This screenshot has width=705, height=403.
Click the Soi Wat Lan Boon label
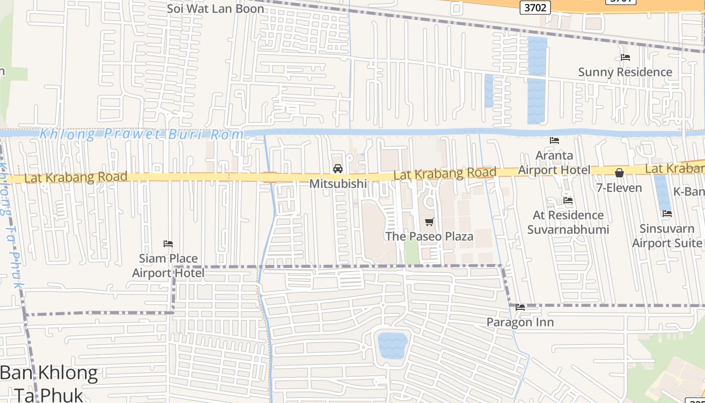(216, 9)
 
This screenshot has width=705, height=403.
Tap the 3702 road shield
(534, 7)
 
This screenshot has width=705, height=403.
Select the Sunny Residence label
(625, 72)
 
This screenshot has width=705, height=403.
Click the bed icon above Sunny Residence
(625, 57)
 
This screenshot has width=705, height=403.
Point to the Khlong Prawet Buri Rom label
(142, 135)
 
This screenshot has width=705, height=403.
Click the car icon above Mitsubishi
(338, 168)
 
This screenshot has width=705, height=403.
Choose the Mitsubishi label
(338, 184)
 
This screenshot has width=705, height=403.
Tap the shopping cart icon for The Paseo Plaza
(429, 222)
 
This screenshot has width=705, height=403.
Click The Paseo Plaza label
(429, 236)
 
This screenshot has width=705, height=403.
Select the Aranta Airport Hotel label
(554, 163)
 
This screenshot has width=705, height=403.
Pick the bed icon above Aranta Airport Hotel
(554, 141)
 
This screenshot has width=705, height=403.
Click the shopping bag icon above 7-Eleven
(619, 173)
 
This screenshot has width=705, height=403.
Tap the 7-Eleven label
(619, 188)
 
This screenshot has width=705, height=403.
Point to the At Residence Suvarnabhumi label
(568, 222)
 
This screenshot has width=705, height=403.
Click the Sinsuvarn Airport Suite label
(667, 236)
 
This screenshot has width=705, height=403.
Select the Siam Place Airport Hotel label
(168, 265)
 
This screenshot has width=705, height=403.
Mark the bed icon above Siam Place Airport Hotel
(168, 244)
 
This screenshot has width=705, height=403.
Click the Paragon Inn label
(520, 322)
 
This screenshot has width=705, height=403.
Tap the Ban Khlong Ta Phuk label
(49, 383)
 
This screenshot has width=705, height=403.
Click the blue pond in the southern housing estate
(392, 345)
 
